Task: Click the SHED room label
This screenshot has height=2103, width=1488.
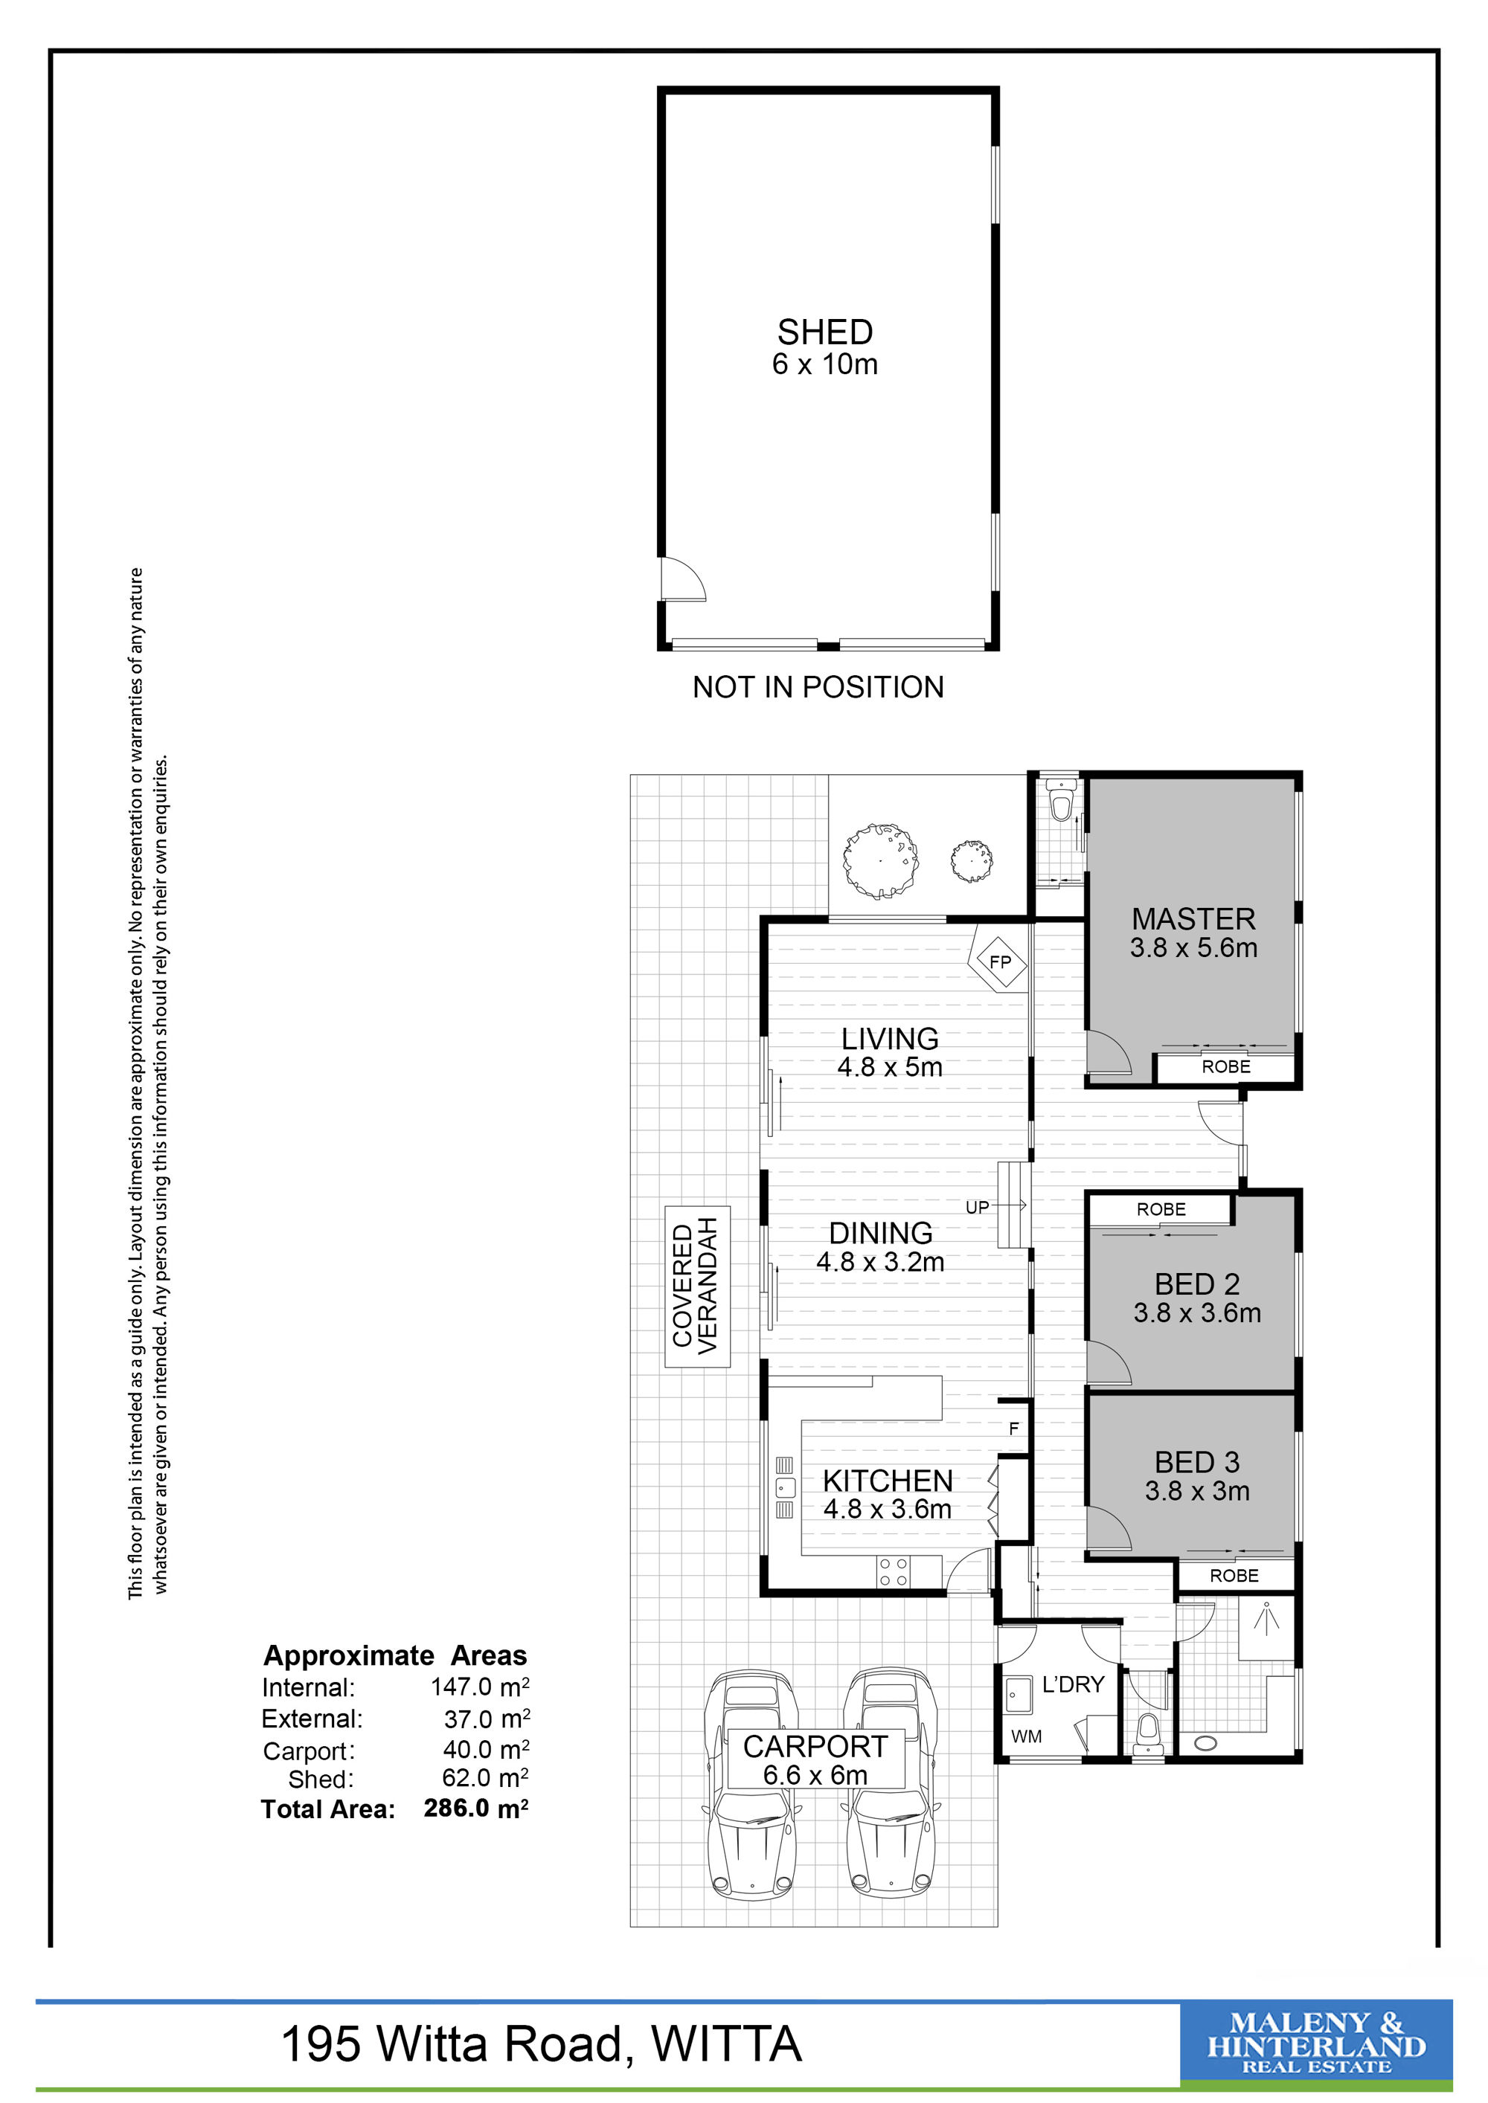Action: coord(824,332)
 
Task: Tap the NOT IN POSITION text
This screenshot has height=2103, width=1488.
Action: coord(818,687)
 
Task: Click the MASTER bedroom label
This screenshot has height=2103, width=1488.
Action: coord(1193,918)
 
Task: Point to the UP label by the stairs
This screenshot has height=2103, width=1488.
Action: coord(977,1207)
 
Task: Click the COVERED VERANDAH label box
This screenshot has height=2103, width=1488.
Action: coord(696,1287)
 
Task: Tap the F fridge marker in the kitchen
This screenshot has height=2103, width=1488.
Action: coord(1013,1429)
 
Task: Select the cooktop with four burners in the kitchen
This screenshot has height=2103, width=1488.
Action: coord(894,1572)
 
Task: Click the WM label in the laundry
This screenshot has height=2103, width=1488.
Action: coord(1025,1736)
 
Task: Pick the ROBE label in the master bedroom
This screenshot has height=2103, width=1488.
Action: coord(1226,1066)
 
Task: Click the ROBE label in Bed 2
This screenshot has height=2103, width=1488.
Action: coord(1161,1209)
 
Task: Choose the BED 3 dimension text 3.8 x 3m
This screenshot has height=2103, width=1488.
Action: coord(1196,1490)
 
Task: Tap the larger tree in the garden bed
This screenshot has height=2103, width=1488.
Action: coord(880,860)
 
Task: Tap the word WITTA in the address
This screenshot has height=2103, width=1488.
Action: coord(727,2044)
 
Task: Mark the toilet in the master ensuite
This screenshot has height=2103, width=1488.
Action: coord(1060,802)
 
